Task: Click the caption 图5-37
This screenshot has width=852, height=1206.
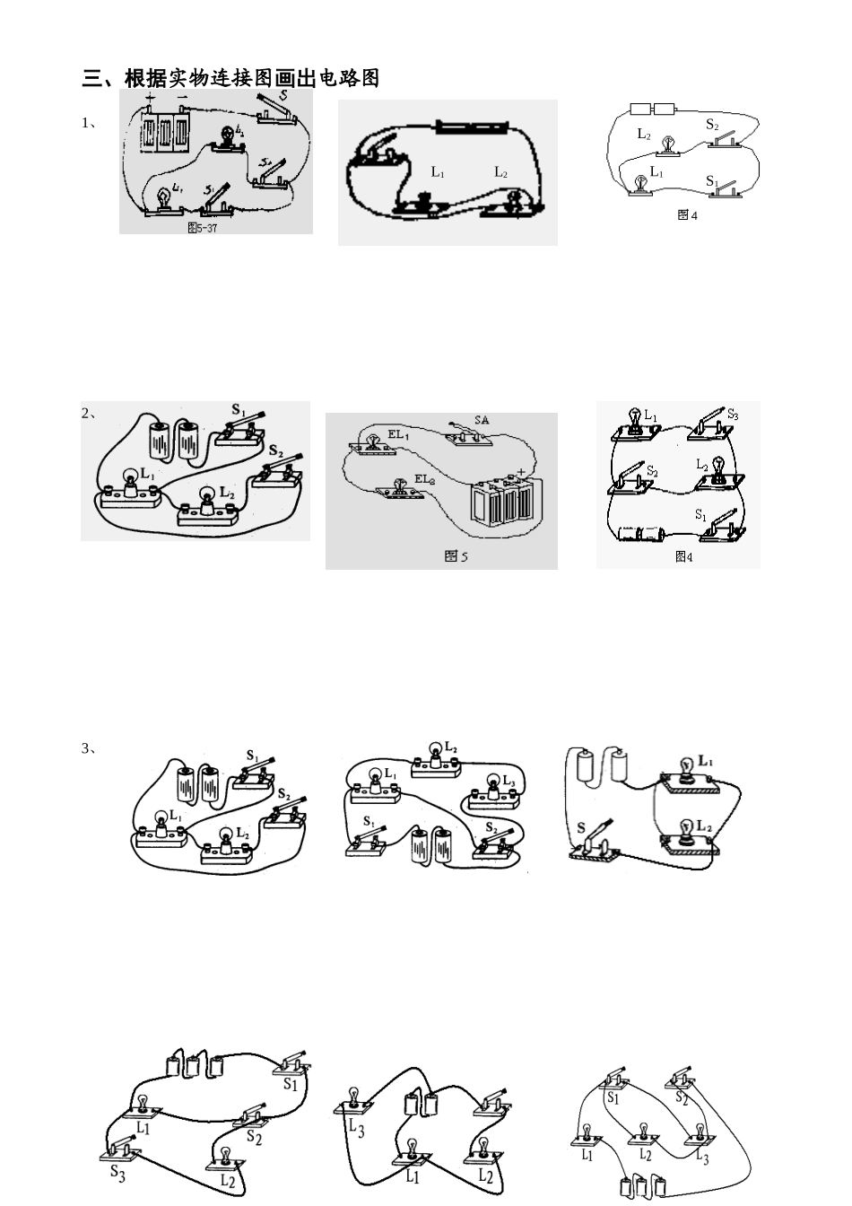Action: pyautogui.click(x=202, y=228)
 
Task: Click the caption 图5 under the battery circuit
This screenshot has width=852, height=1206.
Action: pyautogui.click(x=456, y=556)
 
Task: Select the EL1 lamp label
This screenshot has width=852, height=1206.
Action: pyautogui.click(x=398, y=434)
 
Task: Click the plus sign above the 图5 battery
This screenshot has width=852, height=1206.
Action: pyautogui.click(x=520, y=471)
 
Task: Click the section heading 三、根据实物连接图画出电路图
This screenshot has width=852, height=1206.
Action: pyautogui.click(x=230, y=79)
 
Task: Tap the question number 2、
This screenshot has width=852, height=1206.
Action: pyautogui.click(x=89, y=414)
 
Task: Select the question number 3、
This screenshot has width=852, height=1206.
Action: pyautogui.click(x=89, y=748)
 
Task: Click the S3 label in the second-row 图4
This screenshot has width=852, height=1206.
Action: pyautogui.click(x=733, y=415)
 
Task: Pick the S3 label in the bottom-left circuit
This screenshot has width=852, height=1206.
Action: pyautogui.click(x=117, y=1172)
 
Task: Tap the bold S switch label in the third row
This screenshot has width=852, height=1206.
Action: pyautogui.click(x=581, y=828)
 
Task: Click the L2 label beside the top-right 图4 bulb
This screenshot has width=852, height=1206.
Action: pyautogui.click(x=643, y=134)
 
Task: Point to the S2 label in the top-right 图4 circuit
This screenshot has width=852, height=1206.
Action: pyautogui.click(x=711, y=125)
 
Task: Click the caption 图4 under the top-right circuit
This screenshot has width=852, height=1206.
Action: pyautogui.click(x=687, y=215)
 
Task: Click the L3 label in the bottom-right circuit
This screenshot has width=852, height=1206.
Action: pyautogui.click(x=702, y=1158)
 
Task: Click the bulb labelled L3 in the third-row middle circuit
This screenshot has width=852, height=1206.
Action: pyautogui.click(x=492, y=787)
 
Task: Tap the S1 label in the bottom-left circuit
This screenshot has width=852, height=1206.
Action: pyautogui.click(x=290, y=1084)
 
